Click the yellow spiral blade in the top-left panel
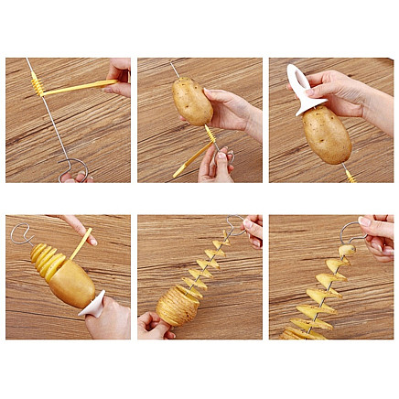(x=38, y=83)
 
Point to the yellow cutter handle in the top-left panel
(x=79, y=87)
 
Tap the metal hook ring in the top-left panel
(x=73, y=168)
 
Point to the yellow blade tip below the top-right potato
(x=350, y=175)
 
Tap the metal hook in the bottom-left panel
(x=20, y=232)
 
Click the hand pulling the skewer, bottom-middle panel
(x=252, y=229)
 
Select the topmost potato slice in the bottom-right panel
(x=345, y=250)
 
